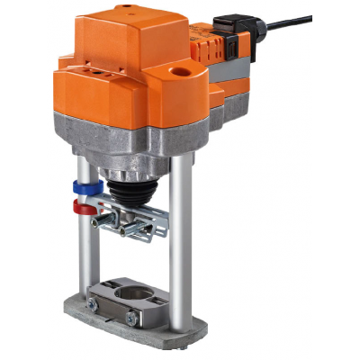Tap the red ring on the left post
pyautogui.click(x=84, y=208)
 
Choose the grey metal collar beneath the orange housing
pyautogui.click(x=135, y=135)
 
